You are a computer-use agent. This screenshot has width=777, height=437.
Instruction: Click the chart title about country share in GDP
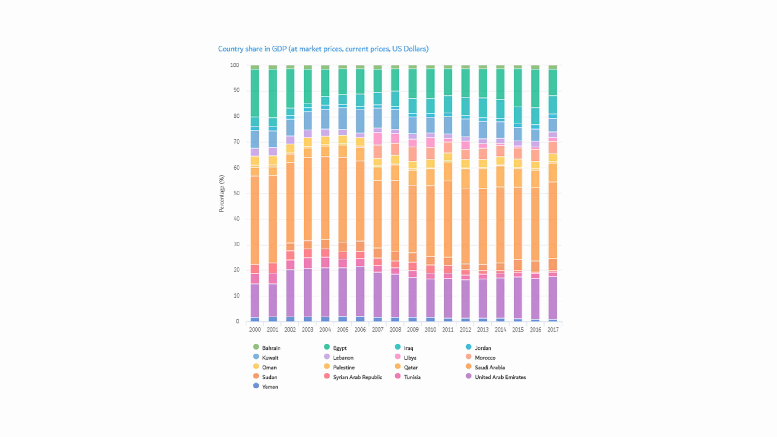click(x=323, y=49)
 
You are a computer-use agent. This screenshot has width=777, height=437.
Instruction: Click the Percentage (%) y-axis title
click(x=222, y=193)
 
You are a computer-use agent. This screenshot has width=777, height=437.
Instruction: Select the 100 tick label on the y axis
click(x=235, y=65)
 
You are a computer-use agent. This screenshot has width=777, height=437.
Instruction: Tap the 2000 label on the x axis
click(x=255, y=330)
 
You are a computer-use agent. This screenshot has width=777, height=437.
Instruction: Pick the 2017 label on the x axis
click(x=553, y=330)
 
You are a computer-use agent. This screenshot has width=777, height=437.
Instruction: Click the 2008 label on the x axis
click(x=395, y=330)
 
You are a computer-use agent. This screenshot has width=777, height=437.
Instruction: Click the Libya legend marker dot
click(x=398, y=357)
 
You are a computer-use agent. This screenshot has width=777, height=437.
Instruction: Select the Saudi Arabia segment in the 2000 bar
click(x=255, y=220)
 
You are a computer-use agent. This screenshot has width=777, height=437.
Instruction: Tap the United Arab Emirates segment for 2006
click(x=360, y=291)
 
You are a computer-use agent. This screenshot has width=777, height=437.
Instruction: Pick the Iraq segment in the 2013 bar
click(x=483, y=108)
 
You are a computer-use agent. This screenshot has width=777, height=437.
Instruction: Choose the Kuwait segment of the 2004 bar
click(x=325, y=119)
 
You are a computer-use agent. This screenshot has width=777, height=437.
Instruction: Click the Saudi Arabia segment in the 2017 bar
click(x=553, y=220)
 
